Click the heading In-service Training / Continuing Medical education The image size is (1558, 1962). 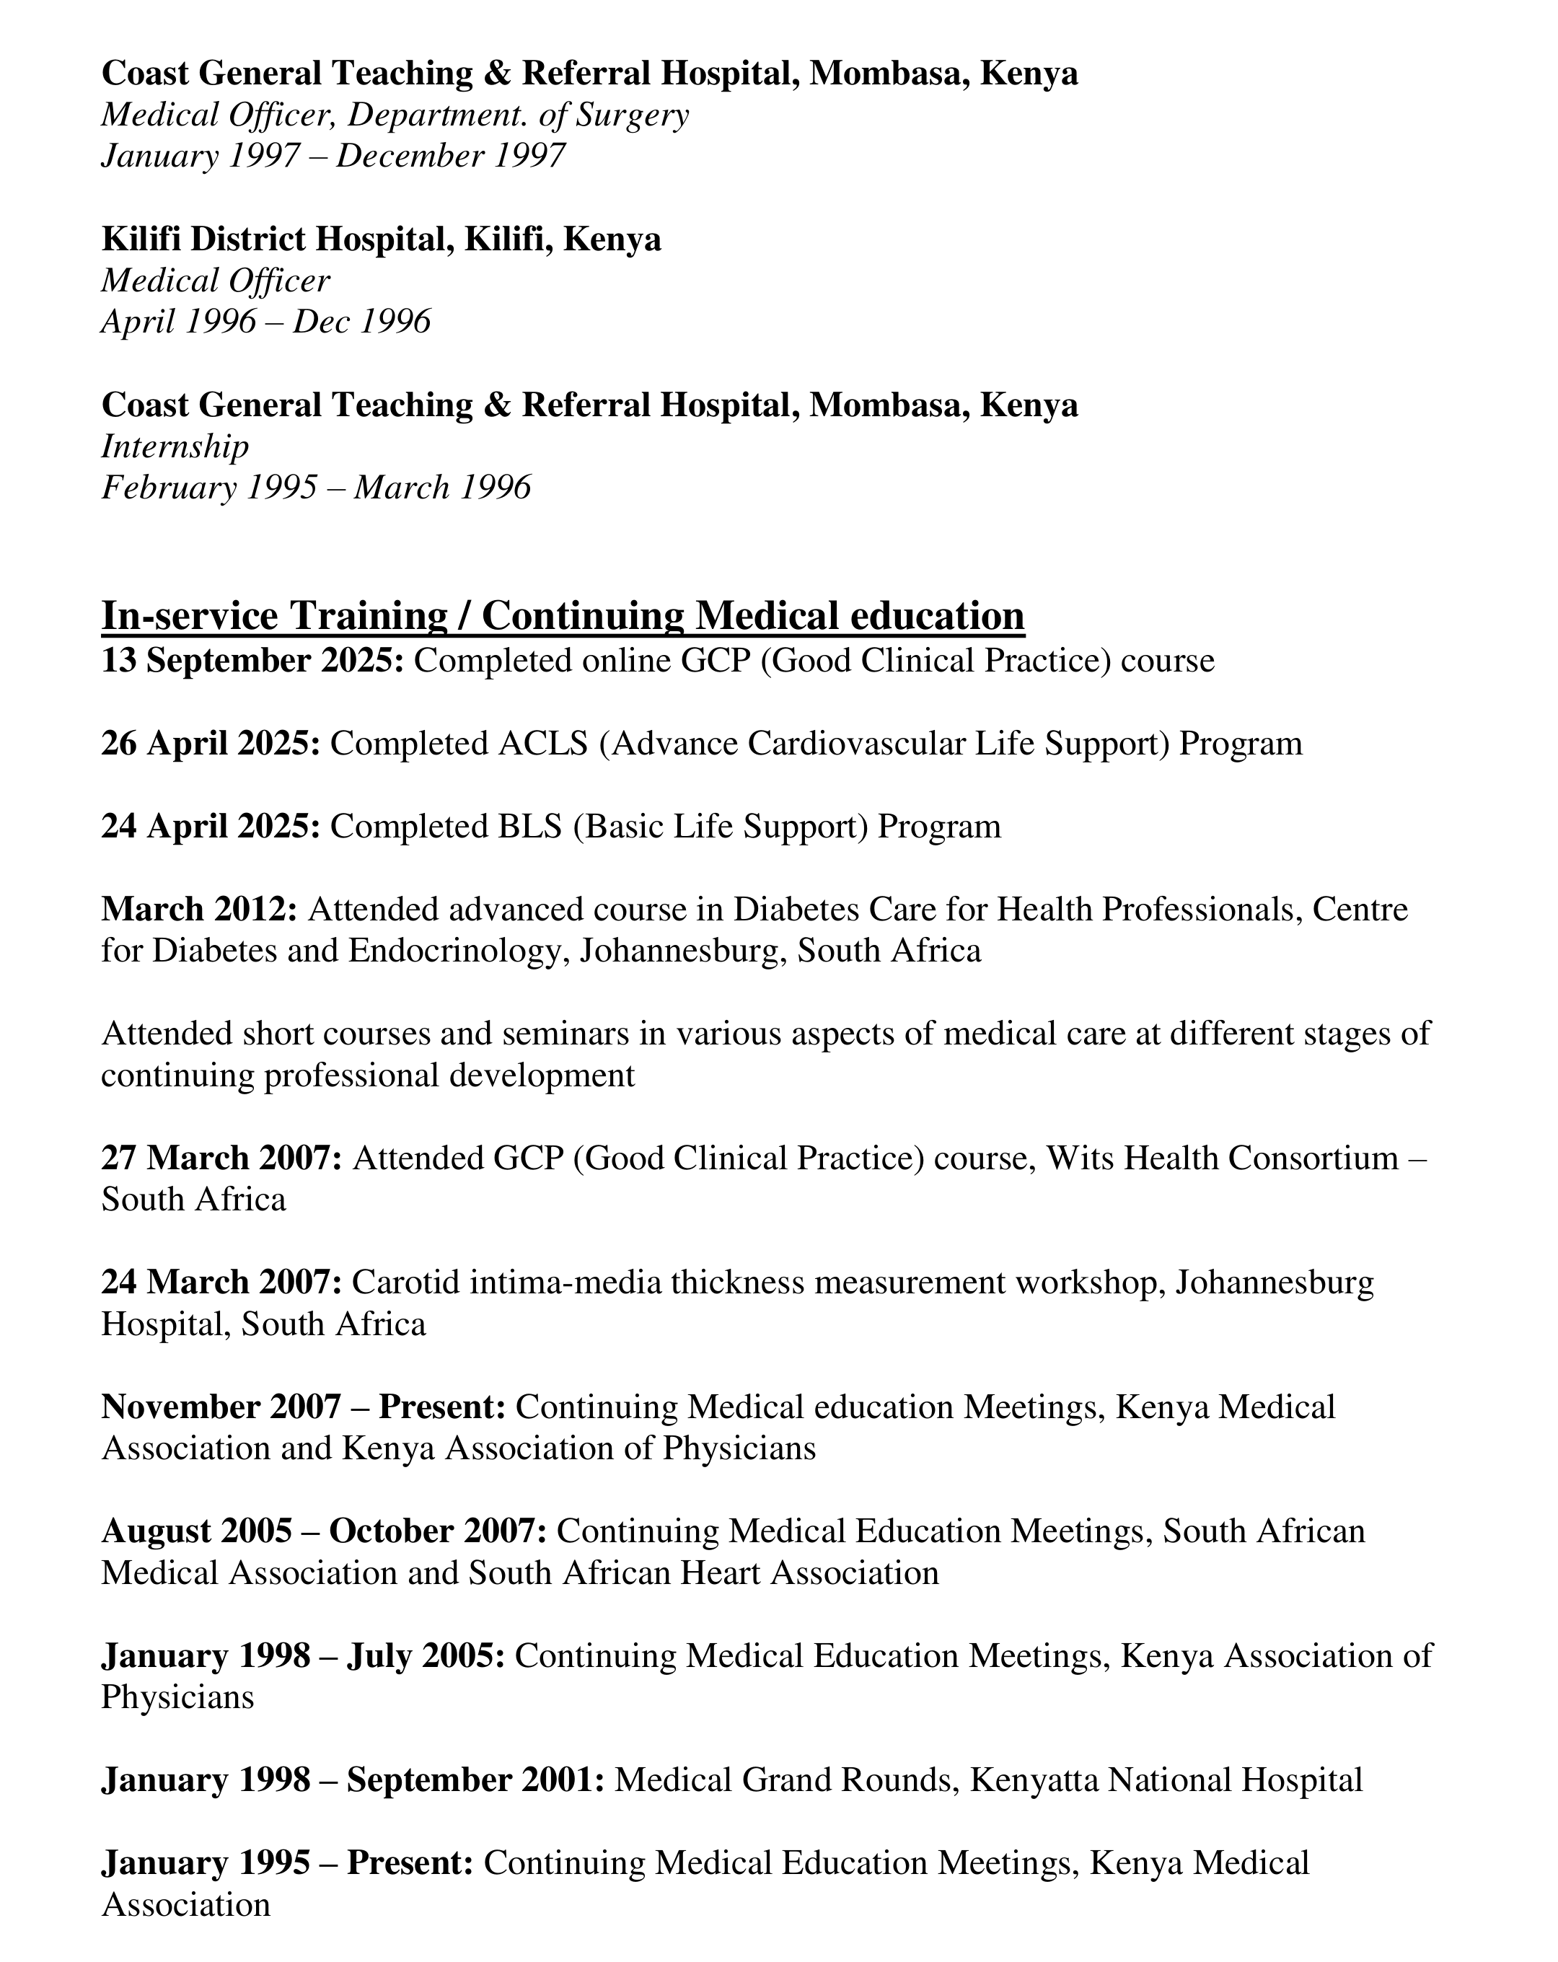563,616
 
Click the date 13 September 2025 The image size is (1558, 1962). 252,661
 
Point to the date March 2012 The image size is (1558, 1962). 199,909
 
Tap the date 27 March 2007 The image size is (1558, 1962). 221,1158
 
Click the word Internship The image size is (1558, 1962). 175,446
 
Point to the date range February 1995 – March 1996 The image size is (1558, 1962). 316,488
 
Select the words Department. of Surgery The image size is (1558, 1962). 519,115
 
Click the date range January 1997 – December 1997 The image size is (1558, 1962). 333,156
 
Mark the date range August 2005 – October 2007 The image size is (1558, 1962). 324,1531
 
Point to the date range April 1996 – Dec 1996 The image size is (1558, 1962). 265,321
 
